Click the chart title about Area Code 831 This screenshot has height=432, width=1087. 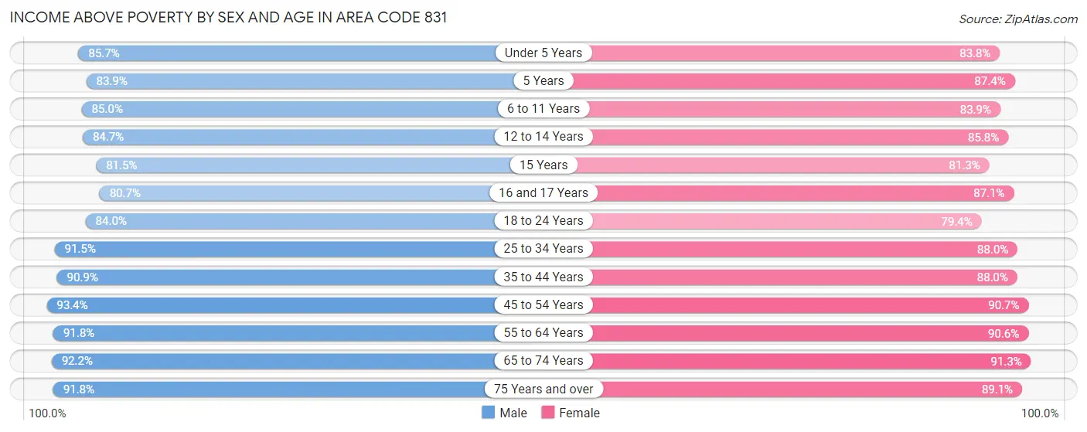(229, 18)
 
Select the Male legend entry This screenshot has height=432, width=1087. (504, 413)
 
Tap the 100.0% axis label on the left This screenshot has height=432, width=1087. (47, 413)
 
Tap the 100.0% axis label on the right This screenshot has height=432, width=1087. (1039, 413)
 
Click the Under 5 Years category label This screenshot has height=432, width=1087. (543, 53)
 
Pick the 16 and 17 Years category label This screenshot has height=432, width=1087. (543, 192)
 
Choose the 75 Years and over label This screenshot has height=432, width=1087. (543, 389)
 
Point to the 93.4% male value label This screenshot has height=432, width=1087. (72, 304)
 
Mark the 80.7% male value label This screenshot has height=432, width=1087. (124, 192)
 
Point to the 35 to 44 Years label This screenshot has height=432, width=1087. (543, 277)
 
